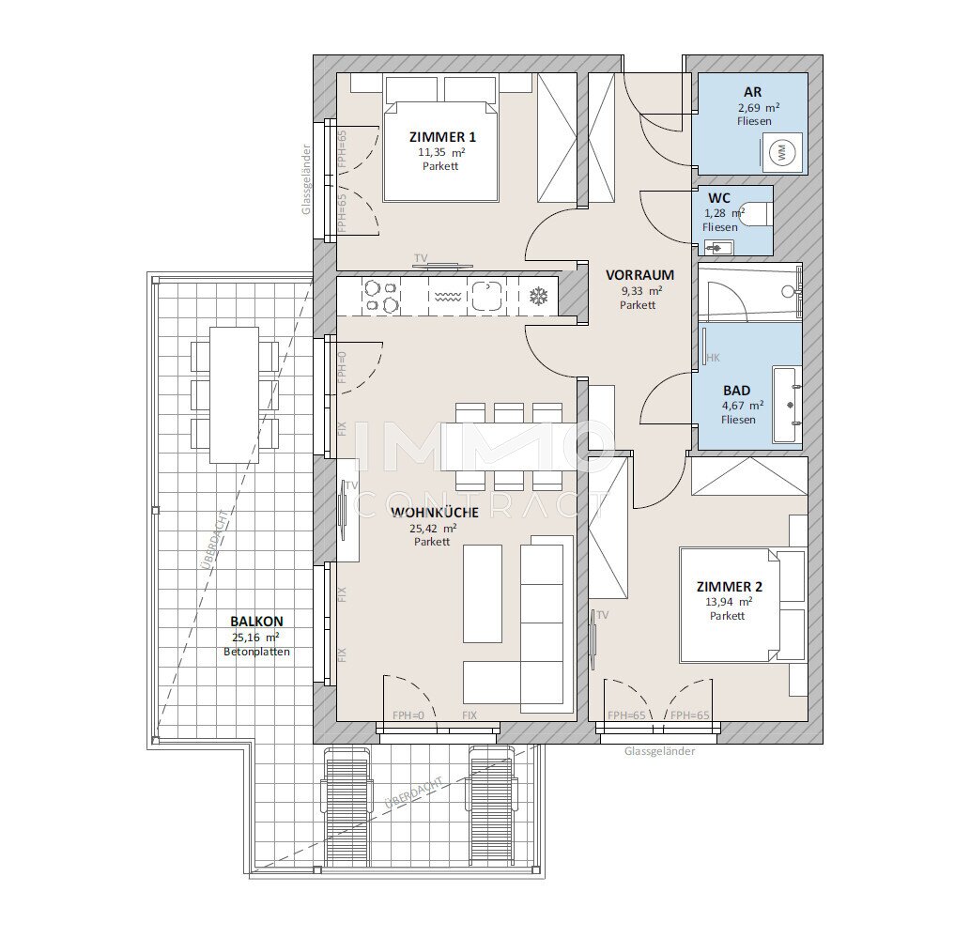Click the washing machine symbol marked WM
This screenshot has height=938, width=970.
[781, 154]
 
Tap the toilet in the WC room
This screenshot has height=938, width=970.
[756, 214]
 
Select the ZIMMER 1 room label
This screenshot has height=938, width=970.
[442, 137]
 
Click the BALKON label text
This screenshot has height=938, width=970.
[256, 622]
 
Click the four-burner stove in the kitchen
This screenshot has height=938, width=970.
[381, 296]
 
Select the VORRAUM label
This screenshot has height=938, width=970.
[639, 275]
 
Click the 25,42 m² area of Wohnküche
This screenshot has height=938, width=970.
[433, 529]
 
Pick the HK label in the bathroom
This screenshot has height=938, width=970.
[713, 358]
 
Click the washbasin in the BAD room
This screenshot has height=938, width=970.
[787, 405]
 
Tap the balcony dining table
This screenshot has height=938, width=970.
[234, 394]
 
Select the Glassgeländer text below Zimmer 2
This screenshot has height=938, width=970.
[659, 751]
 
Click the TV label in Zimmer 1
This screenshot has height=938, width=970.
[421, 257]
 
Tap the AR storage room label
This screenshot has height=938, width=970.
[753, 92]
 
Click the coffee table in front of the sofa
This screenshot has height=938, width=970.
[483, 594]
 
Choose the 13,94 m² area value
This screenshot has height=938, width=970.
[729, 602]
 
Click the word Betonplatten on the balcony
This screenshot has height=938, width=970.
[256, 652]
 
